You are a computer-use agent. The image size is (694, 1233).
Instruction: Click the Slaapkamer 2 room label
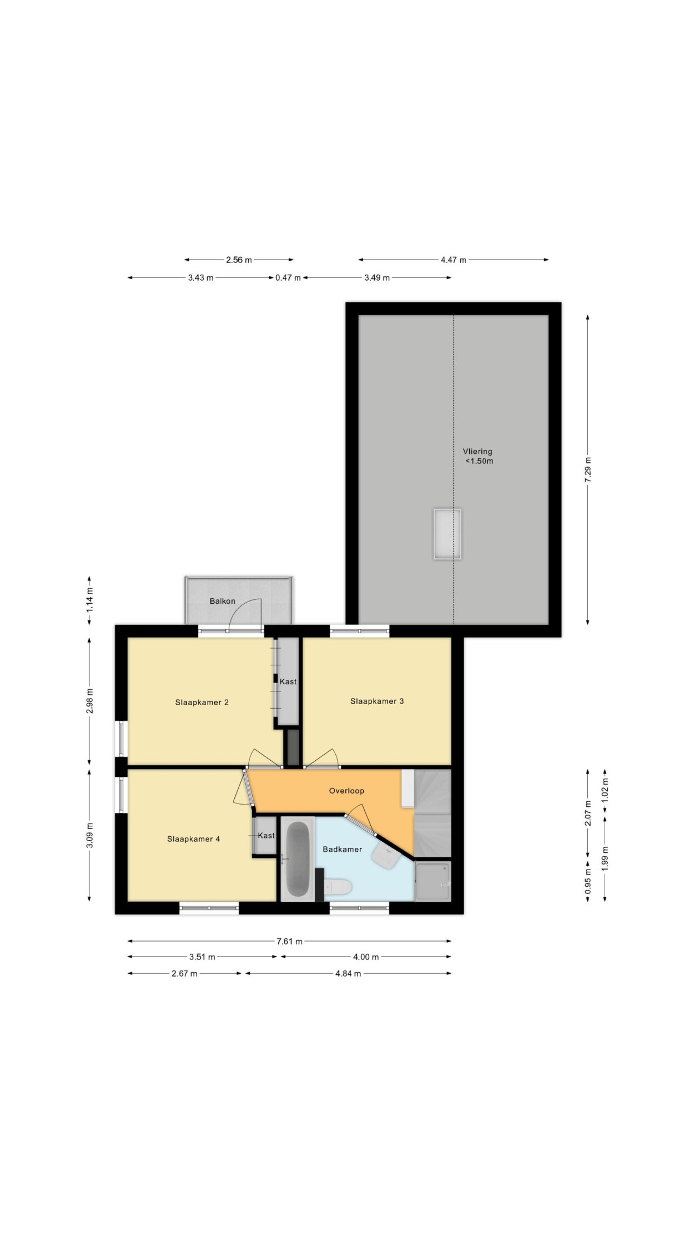coord(202,703)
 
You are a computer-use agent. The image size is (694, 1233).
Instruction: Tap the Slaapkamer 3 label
coord(377,701)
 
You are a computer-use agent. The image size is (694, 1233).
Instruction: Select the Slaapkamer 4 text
coord(193,839)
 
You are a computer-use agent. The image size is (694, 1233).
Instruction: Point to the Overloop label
coord(346,791)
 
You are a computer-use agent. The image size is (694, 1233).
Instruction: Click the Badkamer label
coord(342,849)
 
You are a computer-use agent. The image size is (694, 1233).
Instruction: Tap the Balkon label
coord(222,601)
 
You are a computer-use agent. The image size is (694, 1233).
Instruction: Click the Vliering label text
coord(477,452)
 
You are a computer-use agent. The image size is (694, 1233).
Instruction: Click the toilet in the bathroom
coord(338,887)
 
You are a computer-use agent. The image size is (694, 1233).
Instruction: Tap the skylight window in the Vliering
coord(447,534)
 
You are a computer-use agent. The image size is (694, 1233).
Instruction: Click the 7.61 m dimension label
coord(289,941)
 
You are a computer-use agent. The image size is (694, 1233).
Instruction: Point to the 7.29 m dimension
coord(587,469)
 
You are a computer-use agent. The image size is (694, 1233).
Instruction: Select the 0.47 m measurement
coord(288,277)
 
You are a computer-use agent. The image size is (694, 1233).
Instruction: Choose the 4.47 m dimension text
coord(453,260)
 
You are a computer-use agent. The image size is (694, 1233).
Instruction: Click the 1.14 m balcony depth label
coord(89,600)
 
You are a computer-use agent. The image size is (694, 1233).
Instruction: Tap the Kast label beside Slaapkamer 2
coord(288,681)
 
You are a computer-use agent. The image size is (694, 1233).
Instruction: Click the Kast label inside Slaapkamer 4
coord(266,835)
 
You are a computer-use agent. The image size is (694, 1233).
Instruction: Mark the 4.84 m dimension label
coord(348,973)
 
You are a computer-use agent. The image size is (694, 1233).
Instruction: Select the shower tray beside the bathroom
coord(433,881)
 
